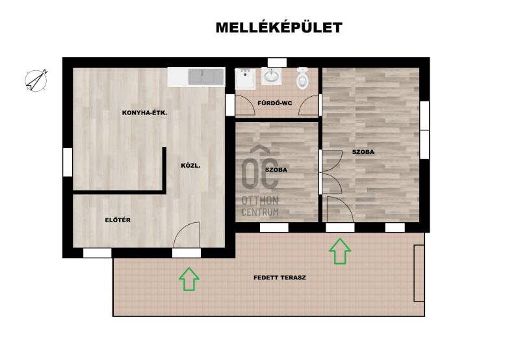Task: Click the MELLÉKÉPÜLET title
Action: pos(279,27)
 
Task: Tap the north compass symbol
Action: pos(36,80)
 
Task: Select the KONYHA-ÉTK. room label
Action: pos(144,112)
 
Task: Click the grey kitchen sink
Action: pos(206,77)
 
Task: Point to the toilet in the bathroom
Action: pos(302,78)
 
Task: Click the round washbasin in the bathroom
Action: pos(272,76)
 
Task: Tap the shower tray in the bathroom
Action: pos(245,79)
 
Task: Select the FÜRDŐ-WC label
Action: pos(275,103)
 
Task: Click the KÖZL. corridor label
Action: pos(190,166)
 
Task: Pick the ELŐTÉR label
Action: pos(118,220)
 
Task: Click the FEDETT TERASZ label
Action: pos(280,277)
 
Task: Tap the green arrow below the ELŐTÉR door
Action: pos(189,279)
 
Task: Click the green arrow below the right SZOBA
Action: pos(340,251)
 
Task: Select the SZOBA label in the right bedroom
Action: pos(363,152)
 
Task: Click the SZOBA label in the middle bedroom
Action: pos(276,170)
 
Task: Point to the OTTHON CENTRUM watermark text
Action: pos(260,206)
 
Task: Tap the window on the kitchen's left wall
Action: pos(68,162)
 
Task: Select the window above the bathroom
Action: pos(277,62)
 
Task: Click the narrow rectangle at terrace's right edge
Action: pos(419,273)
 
